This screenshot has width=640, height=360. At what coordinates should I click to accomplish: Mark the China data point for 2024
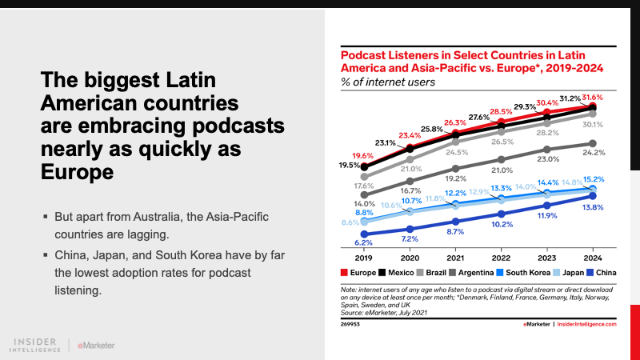(x=592, y=195)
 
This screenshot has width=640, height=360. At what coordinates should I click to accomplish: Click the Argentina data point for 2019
(x=365, y=194)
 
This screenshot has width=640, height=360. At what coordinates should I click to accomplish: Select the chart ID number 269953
(x=350, y=325)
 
